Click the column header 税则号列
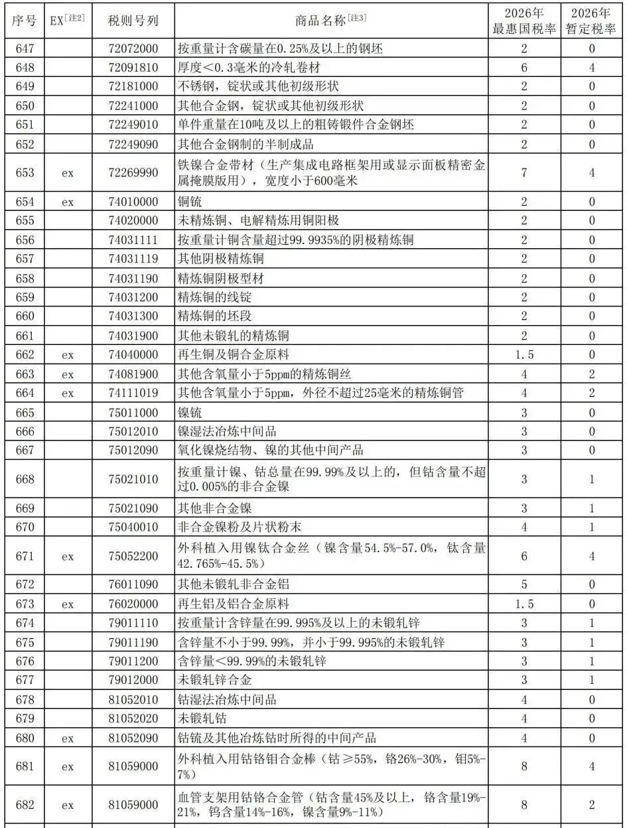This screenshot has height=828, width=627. [133, 21]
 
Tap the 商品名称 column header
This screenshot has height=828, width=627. [330, 21]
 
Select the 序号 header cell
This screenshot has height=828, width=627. [25, 21]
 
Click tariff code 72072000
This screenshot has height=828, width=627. [133, 48]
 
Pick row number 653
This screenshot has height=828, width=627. [25, 172]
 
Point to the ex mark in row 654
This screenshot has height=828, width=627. [68, 202]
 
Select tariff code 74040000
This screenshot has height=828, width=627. [133, 355]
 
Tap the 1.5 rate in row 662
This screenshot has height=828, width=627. [524, 355]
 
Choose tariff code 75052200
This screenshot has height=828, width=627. [133, 556]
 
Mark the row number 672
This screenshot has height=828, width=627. [25, 585]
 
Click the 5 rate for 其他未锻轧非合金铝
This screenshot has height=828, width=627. [524, 585]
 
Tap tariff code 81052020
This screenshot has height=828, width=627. [133, 719]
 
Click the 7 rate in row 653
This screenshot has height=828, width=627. [524, 172]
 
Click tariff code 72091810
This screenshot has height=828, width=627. [133, 68]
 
